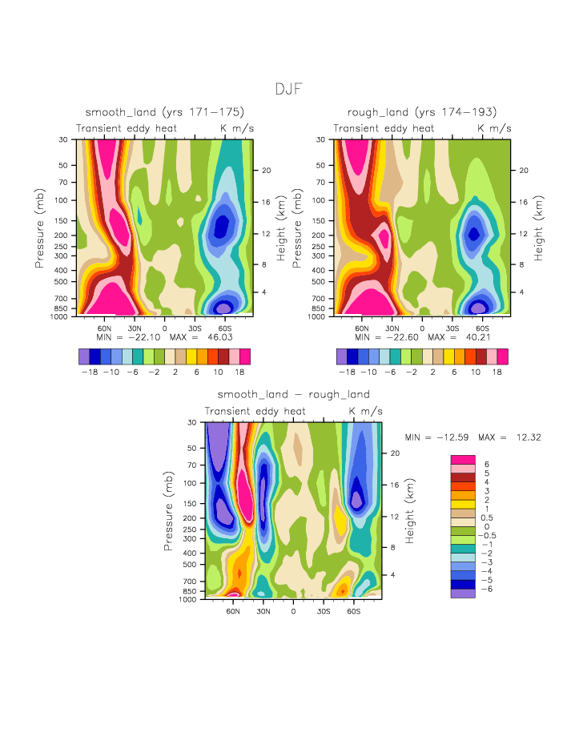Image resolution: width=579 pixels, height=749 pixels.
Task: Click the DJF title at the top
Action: click(x=289, y=89)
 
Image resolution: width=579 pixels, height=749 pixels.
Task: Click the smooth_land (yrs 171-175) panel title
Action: click(x=164, y=111)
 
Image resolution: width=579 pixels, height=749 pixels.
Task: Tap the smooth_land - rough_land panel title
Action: click(x=293, y=394)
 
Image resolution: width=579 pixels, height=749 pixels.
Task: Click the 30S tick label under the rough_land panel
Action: click(x=452, y=328)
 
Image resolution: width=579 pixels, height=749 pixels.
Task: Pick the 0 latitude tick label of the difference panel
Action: click(x=293, y=611)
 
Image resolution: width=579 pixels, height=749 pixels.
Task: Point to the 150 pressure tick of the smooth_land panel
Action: click(x=66, y=220)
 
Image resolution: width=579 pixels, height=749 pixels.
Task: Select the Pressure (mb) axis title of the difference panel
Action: click(x=169, y=510)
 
